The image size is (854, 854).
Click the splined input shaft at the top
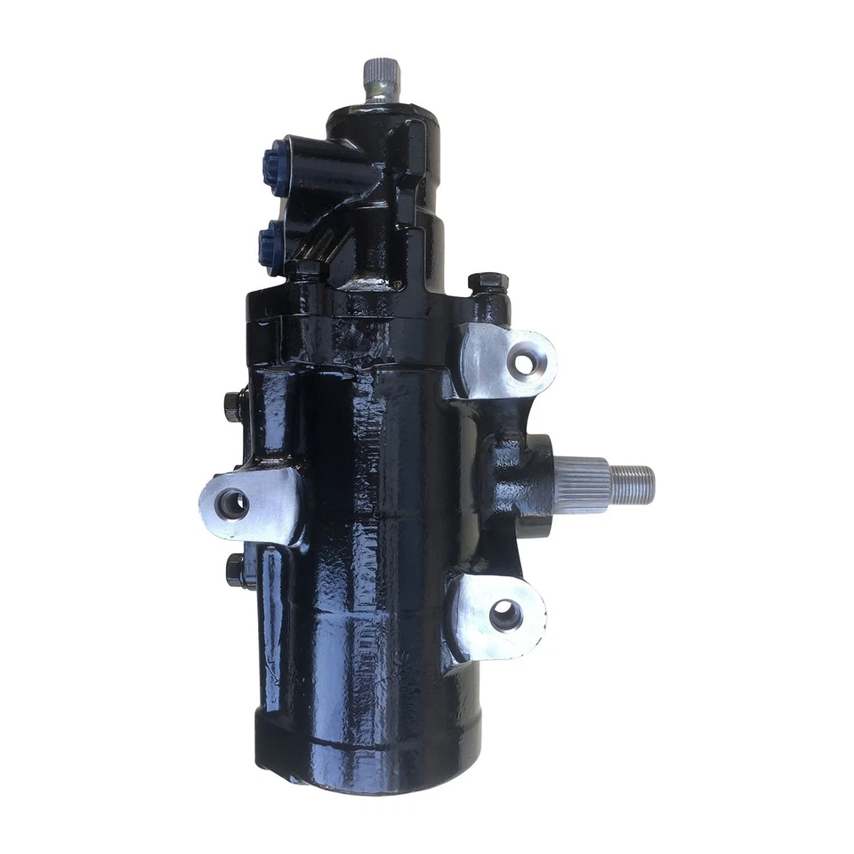382,78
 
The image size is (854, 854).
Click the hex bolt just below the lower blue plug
308,269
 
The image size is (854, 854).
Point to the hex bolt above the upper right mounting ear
487,286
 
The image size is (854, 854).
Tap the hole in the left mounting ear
232,504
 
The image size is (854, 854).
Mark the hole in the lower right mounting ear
505,615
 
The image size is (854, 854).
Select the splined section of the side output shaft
583,485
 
